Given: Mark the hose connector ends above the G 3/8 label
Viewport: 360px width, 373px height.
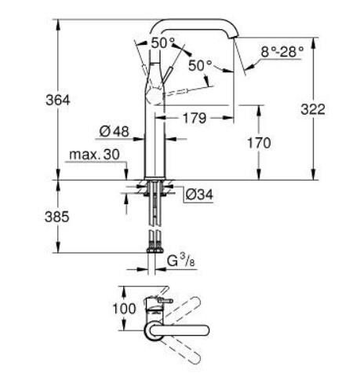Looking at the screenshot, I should (x=154, y=241).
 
